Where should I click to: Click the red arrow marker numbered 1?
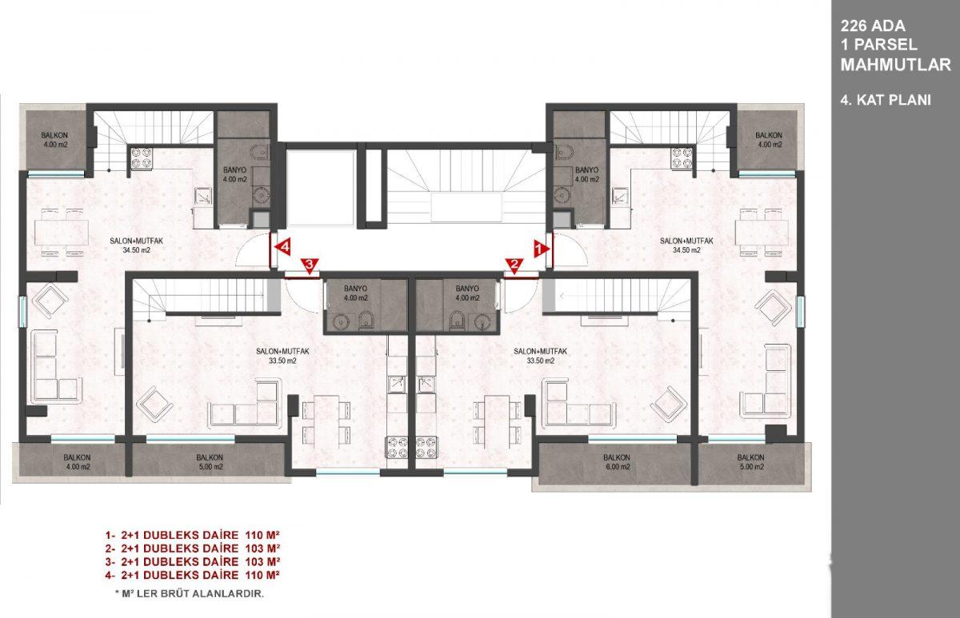[x=541, y=249]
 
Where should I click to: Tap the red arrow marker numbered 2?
[x=514, y=265]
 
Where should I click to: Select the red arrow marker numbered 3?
[x=310, y=265]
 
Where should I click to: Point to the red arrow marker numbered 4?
[x=284, y=248]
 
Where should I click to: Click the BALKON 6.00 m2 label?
[x=617, y=462]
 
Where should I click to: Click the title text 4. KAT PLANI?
[x=886, y=100]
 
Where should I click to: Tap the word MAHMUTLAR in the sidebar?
[x=896, y=65]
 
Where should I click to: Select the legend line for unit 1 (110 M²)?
[x=193, y=535]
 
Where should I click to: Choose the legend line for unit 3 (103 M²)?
[x=193, y=561]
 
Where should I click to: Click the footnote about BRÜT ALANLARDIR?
[x=190, y=594]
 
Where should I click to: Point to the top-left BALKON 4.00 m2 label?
[x=54, y=140]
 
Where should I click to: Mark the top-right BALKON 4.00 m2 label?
[x=770, y=140]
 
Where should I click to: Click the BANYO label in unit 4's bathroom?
[x=235, y=175]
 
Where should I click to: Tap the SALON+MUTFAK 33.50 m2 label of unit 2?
[x=540, y=356]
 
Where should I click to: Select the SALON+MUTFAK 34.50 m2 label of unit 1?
[x=686, y=245]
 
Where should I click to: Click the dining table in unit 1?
[x=762, y=233]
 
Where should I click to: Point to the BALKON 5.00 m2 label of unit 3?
[x=210, y=462]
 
